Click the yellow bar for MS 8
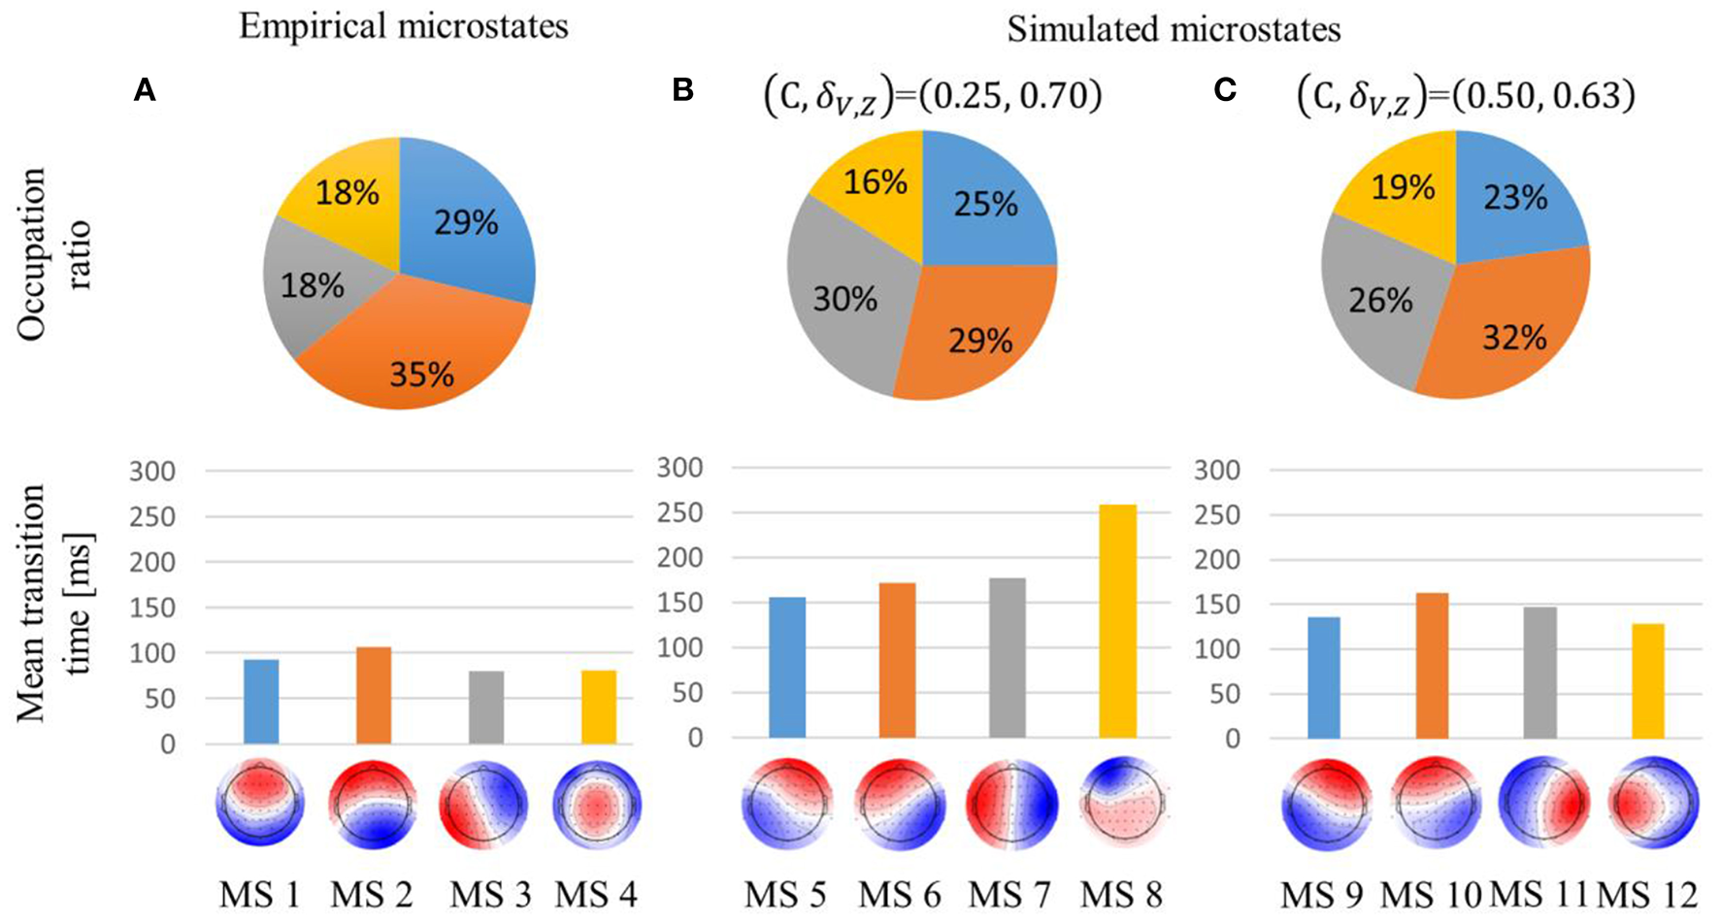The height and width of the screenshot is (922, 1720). [1118, 621]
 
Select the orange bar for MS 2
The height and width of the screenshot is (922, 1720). [373, 696]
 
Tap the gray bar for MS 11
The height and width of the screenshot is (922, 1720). [1539, 673]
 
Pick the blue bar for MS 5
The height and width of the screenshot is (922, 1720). [786, 668]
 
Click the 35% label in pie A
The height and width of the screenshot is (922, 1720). [422, 373]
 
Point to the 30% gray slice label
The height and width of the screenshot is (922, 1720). [845, 299]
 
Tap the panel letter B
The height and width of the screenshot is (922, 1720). [682, 90]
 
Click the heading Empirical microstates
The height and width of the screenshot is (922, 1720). [404, 26]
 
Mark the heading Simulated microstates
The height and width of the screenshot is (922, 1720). [1174, 29]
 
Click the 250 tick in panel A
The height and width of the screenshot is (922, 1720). [154, 516]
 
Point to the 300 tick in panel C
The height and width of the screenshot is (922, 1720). [1218, 471]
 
